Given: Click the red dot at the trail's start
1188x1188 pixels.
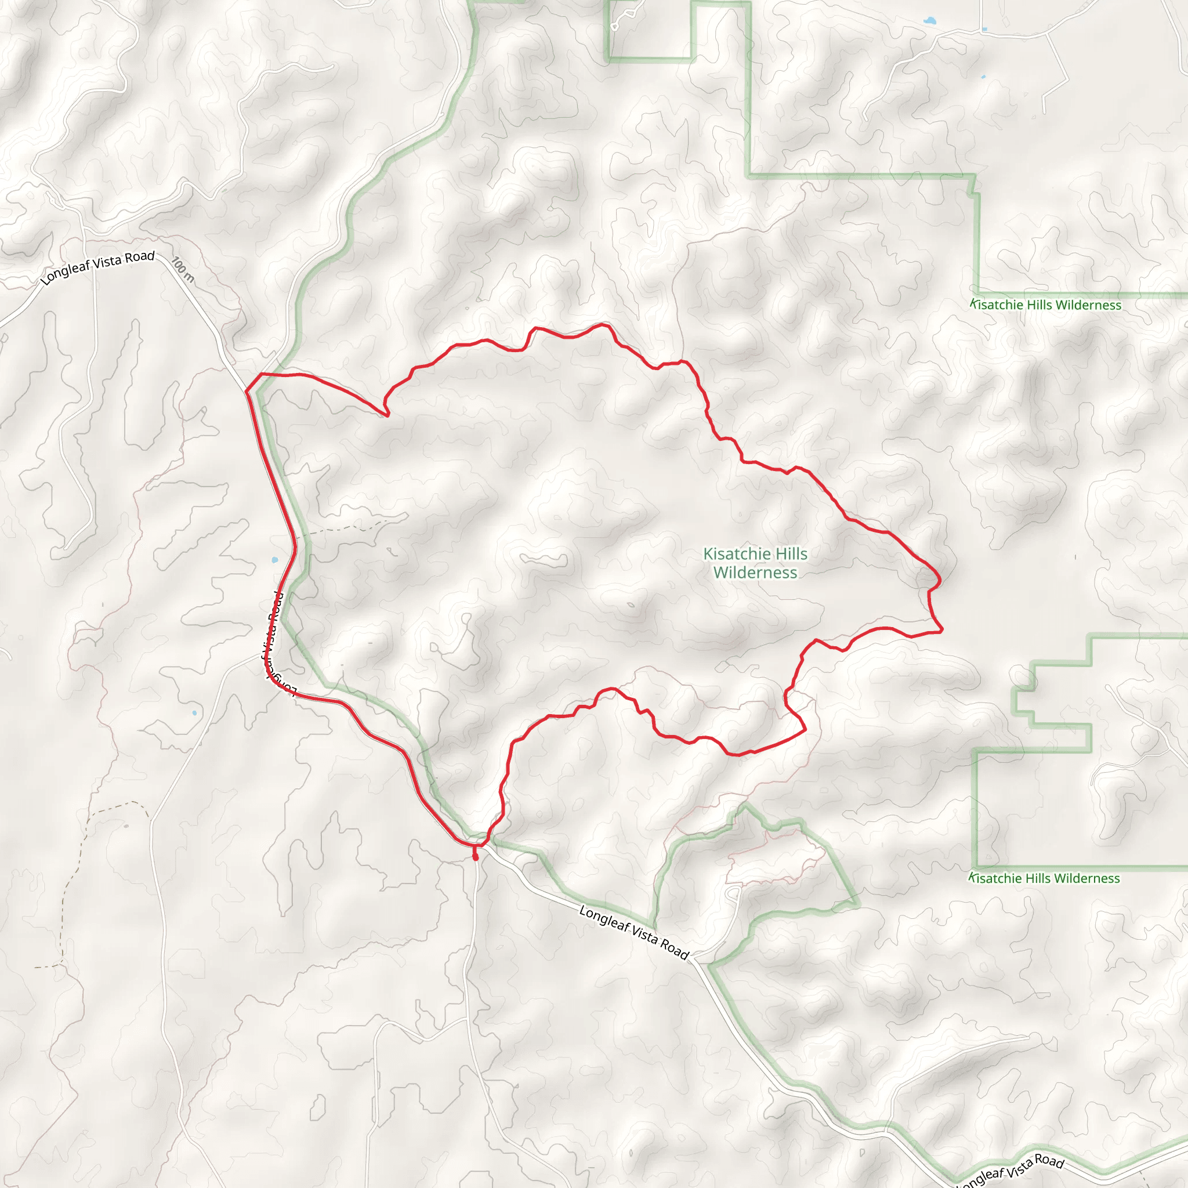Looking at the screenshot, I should (475, 857).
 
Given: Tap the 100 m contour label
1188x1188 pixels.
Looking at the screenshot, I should (183, 269).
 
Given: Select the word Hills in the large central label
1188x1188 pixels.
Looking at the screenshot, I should (791, 554).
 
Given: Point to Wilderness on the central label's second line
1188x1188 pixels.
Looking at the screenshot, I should (755, 573).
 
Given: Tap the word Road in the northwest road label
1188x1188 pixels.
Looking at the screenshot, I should (140, 256).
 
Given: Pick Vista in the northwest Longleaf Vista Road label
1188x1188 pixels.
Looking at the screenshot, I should (108, 262).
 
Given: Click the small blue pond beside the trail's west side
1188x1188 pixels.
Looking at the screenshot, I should (274, 560).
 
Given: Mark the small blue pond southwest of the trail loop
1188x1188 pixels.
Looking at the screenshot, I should (194, 713).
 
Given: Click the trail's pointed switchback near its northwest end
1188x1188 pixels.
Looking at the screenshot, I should (387, 415).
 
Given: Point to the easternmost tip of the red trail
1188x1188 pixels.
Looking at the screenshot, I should (942, 631).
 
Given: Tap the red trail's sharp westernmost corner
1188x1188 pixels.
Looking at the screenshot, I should (247, 391).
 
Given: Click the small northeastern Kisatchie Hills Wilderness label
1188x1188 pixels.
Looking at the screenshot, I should (1045, 305).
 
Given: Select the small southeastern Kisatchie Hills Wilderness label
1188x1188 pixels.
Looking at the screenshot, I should (1044, 878).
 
